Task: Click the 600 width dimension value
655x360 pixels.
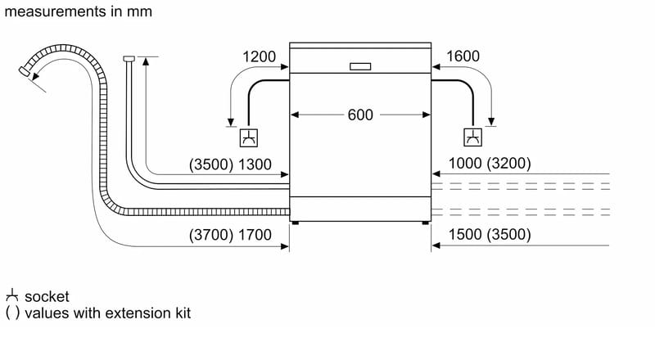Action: (360, 115)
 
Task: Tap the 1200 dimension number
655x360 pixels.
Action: (259, 56)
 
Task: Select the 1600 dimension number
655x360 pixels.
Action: (463, 56)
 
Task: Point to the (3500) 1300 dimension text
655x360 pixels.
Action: (230, 164)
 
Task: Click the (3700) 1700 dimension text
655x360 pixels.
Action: (230, 235)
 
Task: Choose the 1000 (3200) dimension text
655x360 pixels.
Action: (490, 164)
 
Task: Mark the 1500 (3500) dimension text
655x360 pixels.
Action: (490, 234)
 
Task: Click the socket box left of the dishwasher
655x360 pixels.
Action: (249, 137)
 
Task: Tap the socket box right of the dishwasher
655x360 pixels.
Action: (473, 137)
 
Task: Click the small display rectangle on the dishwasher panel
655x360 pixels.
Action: (360, 66)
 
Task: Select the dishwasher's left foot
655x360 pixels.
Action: (296, 223)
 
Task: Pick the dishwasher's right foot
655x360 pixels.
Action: (425, 223)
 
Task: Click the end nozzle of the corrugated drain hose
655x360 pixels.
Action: (25, 71)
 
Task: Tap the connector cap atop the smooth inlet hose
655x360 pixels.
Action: (129, 58)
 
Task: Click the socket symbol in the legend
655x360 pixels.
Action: (12, 295)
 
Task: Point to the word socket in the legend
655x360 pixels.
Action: (47, 296)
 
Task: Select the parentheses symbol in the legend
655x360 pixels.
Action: (12, 313)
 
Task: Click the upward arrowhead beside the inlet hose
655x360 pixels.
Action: (146, 61)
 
